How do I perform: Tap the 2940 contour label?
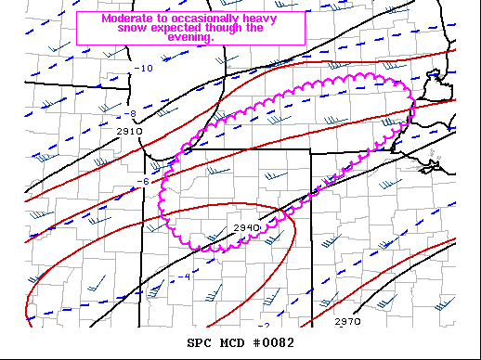click(246, 227)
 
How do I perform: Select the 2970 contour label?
click(347, 321)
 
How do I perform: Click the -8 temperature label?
click(131, 114)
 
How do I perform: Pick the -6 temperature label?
click(143, 181)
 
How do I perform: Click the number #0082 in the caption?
click(274, 343)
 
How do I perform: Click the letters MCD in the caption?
click(232, 343)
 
